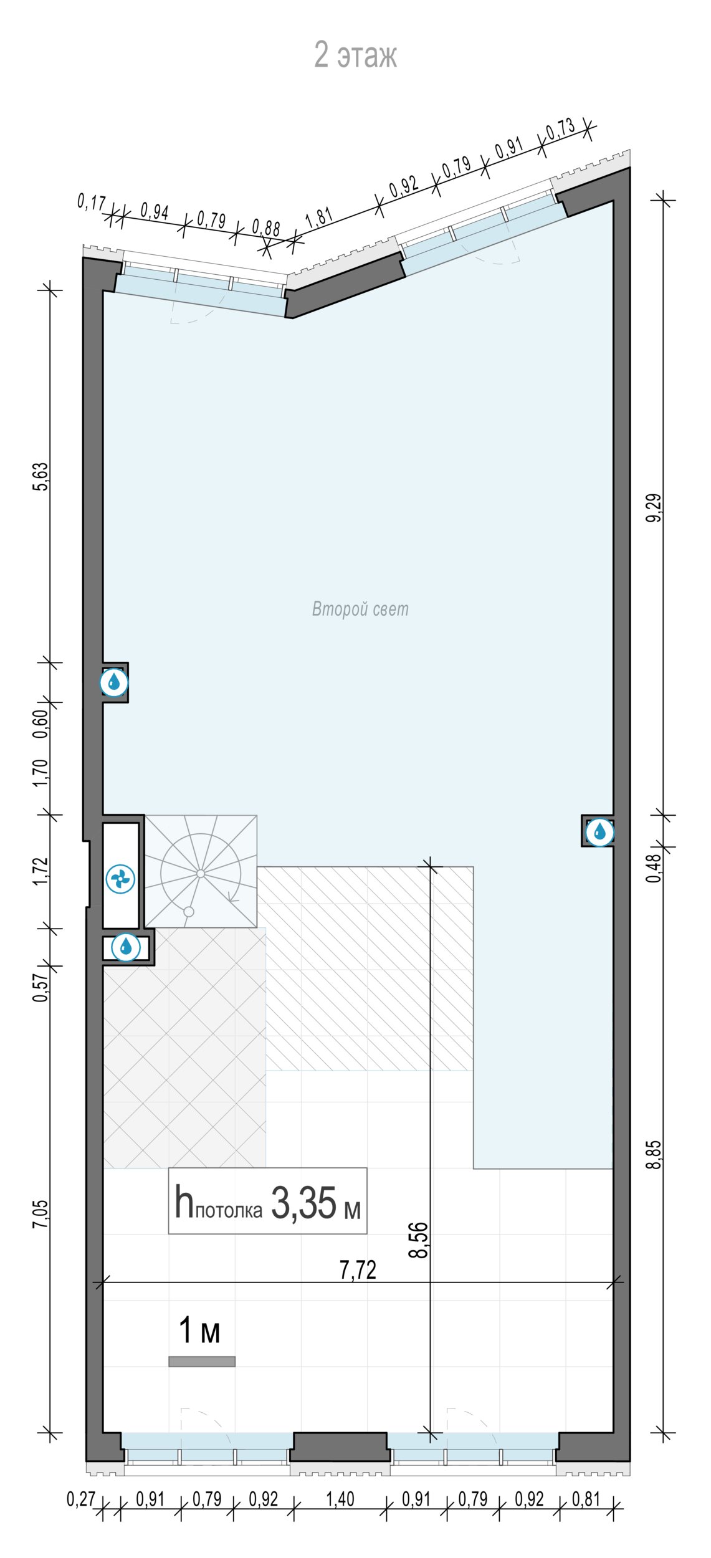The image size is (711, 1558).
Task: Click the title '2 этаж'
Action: click(355, 55)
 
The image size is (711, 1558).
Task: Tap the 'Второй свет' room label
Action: click(360, 609)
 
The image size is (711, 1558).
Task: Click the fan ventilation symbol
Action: click(120, 879)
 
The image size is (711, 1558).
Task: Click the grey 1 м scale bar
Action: click(202, 1362)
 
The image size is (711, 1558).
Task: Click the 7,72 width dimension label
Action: click(358, 1269)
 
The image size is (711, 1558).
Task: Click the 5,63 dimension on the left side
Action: click(40, 477)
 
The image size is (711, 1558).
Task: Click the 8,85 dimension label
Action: click(654, 1154)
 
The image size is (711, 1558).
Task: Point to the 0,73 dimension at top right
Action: click(561, 129)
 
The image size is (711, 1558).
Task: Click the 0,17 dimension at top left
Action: click(92, 203)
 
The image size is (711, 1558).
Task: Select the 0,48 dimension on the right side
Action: click(654, 868)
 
